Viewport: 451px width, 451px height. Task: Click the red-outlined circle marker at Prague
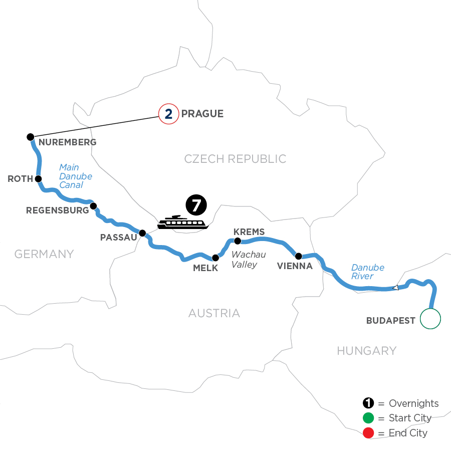click(168, 114)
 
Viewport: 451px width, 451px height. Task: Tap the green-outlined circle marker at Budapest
click(430, 318)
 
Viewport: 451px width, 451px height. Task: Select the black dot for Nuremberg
click(30, 137)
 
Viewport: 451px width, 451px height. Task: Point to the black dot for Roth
click(38, 178)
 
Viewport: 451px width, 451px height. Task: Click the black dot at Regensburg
click(93, 205)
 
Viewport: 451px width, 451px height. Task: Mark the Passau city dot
click(142, 233)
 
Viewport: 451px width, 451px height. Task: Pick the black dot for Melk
click(215, 258)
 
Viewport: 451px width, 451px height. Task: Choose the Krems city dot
click(238, 241)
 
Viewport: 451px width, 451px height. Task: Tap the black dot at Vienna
click(299, 256)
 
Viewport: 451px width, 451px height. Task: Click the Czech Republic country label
click(235, 159)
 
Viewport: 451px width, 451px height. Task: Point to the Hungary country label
click(366, 351)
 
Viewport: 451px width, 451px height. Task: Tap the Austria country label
click(214, 314)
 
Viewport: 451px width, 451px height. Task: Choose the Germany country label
click(44, 254)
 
